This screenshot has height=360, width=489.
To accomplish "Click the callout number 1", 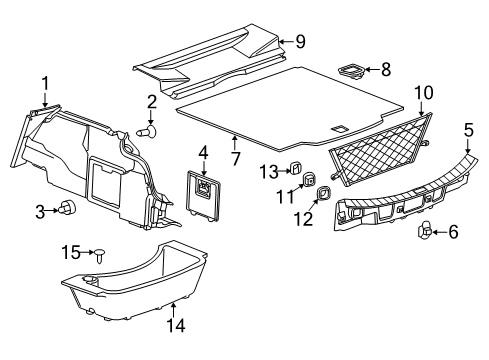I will (44, 83).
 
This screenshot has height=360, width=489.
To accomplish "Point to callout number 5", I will (468, 130).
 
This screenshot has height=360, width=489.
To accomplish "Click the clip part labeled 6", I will (423, 232).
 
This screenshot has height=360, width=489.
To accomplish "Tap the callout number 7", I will (234, 157).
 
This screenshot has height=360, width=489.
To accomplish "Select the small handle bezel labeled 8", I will (351, 71).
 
